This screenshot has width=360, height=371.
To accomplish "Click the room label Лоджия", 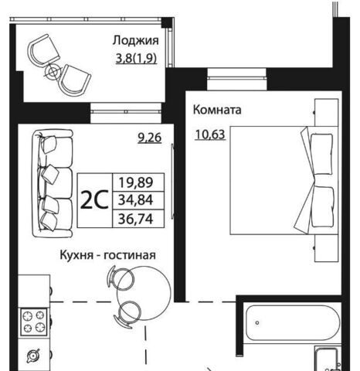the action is (x=136, y=41).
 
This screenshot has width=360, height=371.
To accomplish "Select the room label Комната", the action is (x=217, y=110).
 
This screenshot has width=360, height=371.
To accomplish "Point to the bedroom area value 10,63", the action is (x=210, y=134).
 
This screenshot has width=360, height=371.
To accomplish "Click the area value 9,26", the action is (x=150, y=138).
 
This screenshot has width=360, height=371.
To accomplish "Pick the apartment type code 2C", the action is (x=94, y=200).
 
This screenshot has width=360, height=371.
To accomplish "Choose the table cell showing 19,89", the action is (x=136, y=182).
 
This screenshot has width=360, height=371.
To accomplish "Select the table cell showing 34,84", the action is (x=136, y=200).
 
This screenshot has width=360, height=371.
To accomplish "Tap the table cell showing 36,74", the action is (x=136, y=219).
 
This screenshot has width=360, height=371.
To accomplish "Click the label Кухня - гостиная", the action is (x=107, y=255).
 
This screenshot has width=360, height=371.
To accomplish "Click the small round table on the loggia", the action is (x=53, y=72).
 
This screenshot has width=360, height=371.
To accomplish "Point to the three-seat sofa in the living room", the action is (x=53, y=183).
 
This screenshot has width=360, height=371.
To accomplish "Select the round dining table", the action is (x=144, y=294).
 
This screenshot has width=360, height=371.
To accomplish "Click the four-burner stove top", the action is (x=34, y=322).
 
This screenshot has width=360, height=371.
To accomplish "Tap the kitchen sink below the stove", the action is (x=33, y=356).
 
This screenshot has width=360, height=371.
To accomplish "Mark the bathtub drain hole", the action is (x=257, y=322).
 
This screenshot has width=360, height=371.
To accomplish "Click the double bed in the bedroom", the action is (x=284, y=180).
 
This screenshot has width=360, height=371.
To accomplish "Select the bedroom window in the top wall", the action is (x=236, y=80).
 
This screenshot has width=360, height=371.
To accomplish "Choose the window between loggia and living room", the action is (x=126, y=113).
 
